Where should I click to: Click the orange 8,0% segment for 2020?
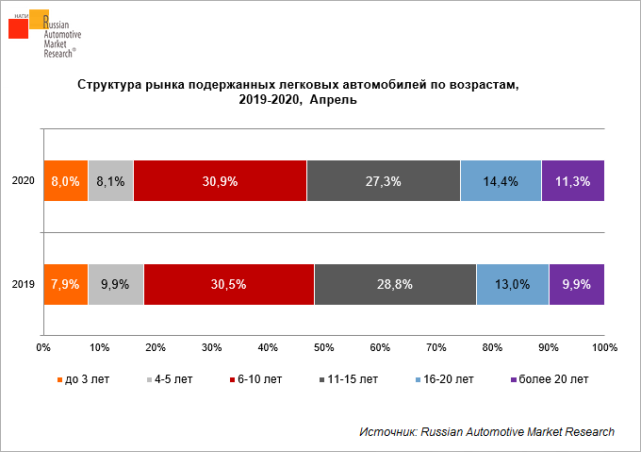pyautogui.click(x=66, y=181)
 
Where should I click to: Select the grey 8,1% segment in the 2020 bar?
pyautogui.click(x=111, y=181)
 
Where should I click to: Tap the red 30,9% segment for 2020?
pyautogui.click(x=220, y=181)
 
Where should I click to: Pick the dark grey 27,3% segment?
pyautogui.click(x=384, y=181)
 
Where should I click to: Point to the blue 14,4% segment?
pyautogui.click(x=501, y=181)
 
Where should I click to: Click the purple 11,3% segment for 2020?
pyautogui.click(x=573, y=181)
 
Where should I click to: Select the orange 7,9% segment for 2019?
pyautogui.click(x=66, y=284)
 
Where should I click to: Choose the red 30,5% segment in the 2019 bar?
pyautogui.click(x=229, y=284)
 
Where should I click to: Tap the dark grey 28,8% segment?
pyautogui.click(x=395, y=284)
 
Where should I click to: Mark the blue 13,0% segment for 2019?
pyautogui.click(x=513, y=284)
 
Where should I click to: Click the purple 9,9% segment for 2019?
pyautogui.click(x=577, y=284)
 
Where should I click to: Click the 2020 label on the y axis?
pyautogui.click(x=24, y=180)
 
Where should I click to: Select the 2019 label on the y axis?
pyautogui.click(x=24, y=284)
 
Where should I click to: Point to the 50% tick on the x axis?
pyautogui.click(x=323, y=347)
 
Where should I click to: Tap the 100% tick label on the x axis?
pyautogui.click(x=604, y=347)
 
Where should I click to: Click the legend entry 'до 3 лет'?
pyautogui.click(x=83, y=379)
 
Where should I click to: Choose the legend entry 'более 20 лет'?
pyautogui.click(x=550, y=379)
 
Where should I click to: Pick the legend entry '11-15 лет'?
pyautogui.click(x=349, y=379)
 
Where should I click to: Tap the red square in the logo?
pyautogui.click(x=19, y=28)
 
